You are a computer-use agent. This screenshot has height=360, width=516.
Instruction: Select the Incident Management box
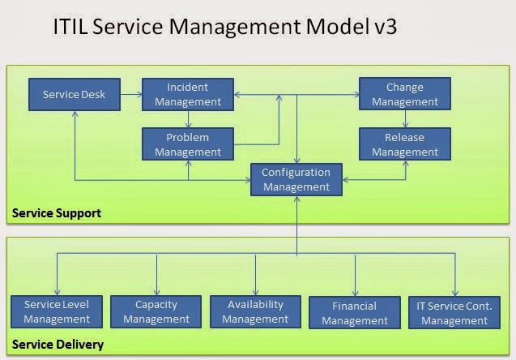point(187,94)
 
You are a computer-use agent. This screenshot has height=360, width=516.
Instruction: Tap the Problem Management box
point(187,144)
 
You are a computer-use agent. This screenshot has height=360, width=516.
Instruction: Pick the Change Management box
point(404,94)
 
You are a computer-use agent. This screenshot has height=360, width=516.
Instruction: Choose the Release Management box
point(404,144)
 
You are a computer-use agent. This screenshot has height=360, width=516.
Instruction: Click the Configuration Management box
point(296,179)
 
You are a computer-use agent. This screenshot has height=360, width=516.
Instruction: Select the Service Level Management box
point(57,312)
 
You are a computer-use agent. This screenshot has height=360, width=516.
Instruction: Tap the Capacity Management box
point(156,312)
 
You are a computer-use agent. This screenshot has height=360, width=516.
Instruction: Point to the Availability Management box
point(255,312)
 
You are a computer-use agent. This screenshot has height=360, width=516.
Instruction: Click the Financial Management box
point(354,313)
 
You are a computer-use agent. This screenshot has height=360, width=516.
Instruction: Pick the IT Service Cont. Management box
point(454,313)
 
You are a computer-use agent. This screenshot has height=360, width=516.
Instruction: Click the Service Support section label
point(56,213)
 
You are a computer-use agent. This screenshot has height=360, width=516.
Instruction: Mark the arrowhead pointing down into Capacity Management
point(156,291)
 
